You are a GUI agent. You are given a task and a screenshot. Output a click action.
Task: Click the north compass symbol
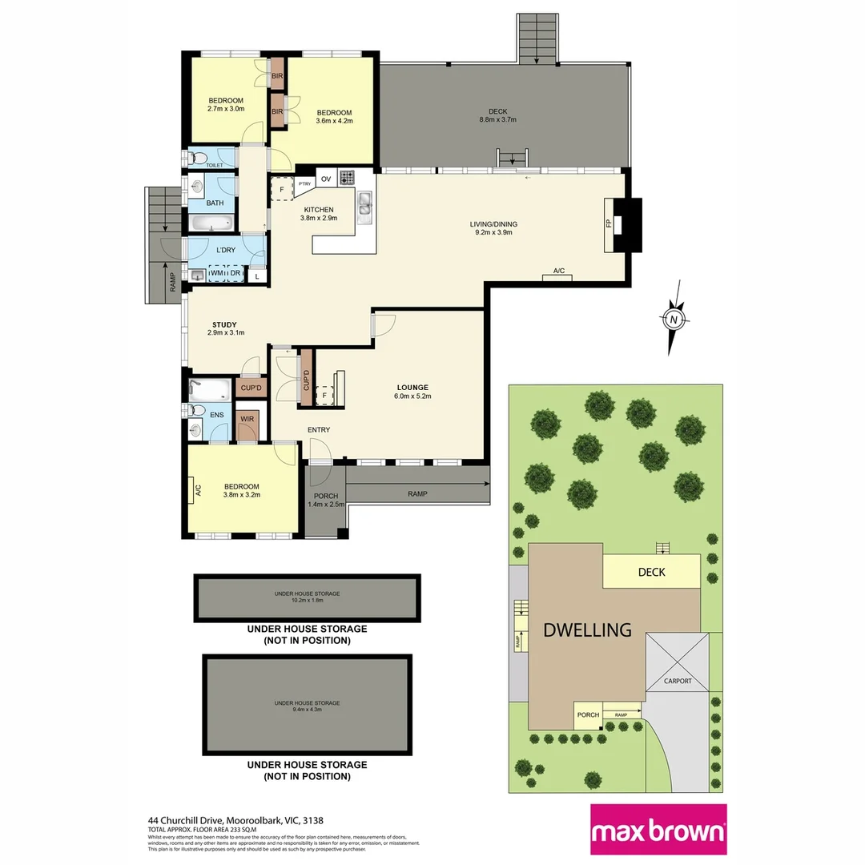tap(674, 319)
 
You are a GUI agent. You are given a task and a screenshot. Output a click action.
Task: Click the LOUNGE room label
tap(412, 387)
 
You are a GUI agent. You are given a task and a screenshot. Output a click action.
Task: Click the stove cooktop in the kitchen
tap(347, 178)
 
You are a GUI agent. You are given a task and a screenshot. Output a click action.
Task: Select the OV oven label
tap(326, 179)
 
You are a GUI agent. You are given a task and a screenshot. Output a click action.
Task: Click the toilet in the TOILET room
tap(200, 157)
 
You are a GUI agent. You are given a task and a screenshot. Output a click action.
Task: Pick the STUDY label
tap(224, 324)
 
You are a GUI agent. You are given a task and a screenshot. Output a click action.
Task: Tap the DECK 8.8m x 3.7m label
tap(497, 111)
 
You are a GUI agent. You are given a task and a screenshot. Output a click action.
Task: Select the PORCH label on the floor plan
tap(325, 496)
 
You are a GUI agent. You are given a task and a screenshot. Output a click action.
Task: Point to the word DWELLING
tap(587, 630)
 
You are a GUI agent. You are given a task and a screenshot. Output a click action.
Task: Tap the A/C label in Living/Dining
tap(559, 272)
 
